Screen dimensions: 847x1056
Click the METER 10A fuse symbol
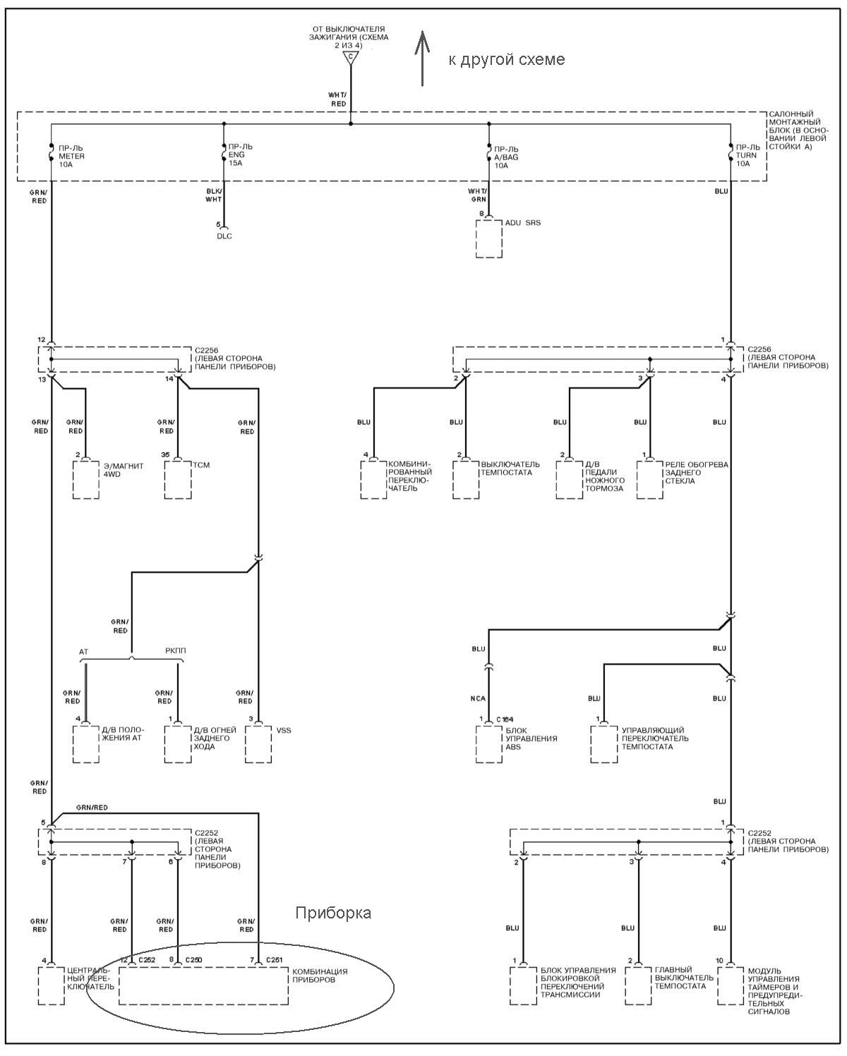pyautogui.click(x=51, y=152)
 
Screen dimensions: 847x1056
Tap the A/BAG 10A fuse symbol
pyautogui.click(x=489, y=152)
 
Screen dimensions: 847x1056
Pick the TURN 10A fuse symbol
pyautogui.click(x=731, y=152)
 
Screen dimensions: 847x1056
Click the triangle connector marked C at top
pyautogui.click(x=351, y=57)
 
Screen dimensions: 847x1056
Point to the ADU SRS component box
pyautogui.click(x=489, y=238)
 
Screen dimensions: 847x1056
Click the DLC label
pyautogui.click(x=224, y=236)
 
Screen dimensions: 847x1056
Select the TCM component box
pyautogui.click(x=178, y=480)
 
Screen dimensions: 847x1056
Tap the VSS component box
pyautogui.click(x=258, y=744)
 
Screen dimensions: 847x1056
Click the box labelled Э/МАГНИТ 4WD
pyautogui.click(x=86, y=480)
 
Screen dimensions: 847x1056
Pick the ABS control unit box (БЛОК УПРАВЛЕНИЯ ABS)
pyautogui.click(x=489, y=744)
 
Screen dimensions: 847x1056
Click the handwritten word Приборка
pyautogui.click(x=333, y=913)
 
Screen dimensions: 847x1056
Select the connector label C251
pyautogui.click(x=275, y=959)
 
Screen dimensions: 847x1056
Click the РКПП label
pyautogui.click(x=176, y=650)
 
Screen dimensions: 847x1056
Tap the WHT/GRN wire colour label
pyautogui.click(x=477, y=195)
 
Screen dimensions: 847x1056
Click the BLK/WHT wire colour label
pyautogui.click(x=214, y=195)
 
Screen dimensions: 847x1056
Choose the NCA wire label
pyautogui.click(x=478, y=698)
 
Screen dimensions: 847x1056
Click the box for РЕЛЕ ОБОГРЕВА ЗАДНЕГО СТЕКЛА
pyautogui.click(x=650, y=480)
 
